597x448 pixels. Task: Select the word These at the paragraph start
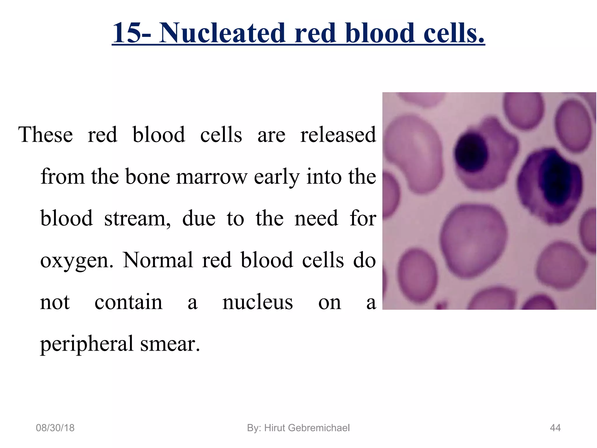45,135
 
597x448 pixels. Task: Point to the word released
338,135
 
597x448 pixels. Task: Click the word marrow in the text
212,177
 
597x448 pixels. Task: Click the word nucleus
258,302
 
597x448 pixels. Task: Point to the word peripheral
87,344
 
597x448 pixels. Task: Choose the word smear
170,344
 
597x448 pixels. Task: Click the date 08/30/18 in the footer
55,428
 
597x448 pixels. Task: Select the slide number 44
555,428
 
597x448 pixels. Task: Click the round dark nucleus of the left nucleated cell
471,152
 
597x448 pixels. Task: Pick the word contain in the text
128,302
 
